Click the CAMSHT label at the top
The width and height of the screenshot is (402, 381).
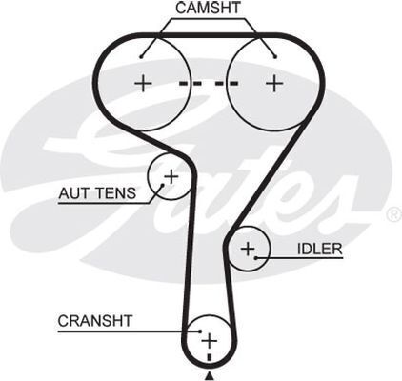(209, 8)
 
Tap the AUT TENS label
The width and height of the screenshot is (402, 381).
(97, 193)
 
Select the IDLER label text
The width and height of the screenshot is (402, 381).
(320, 249)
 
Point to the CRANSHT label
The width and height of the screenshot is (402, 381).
(95, 321)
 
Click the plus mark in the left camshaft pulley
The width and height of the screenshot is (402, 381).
(143, 84)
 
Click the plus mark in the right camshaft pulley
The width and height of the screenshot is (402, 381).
(274, 84)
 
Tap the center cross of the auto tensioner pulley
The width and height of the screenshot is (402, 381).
(171, 176)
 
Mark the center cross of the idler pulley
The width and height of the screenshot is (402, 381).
(248, 249)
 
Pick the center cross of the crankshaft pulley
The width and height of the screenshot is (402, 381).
(209, 341)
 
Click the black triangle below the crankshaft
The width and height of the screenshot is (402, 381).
(209, 376)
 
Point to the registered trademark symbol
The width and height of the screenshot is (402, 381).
(393, 214)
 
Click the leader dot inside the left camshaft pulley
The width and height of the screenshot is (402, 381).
(141, 57)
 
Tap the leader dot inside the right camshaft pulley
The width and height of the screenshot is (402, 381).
(275, 57)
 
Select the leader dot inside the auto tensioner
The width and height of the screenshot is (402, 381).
(163, 185)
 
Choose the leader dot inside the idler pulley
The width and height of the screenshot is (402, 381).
(256, 258)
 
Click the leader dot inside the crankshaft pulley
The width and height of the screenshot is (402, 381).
(200, 331)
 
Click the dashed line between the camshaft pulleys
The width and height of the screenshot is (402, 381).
(209, 84)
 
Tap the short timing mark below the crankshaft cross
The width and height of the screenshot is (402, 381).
(209, 357)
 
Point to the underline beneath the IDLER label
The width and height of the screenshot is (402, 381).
(299, 258)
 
